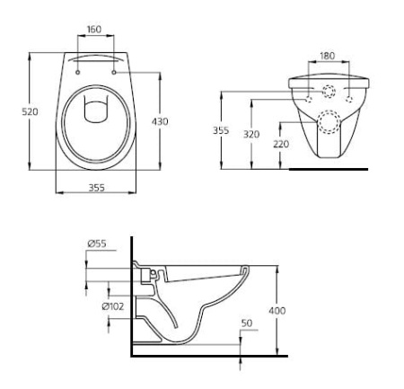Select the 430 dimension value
pos(160,120)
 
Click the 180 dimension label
pos(327,56)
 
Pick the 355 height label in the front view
pos(221,129)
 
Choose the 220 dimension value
pos(282,145)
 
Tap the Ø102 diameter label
pos(113,305)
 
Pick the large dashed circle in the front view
pos(328,121)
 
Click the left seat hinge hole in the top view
pos(78,66)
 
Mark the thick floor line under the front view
pos(332,169)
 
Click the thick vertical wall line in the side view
pos(131,296)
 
